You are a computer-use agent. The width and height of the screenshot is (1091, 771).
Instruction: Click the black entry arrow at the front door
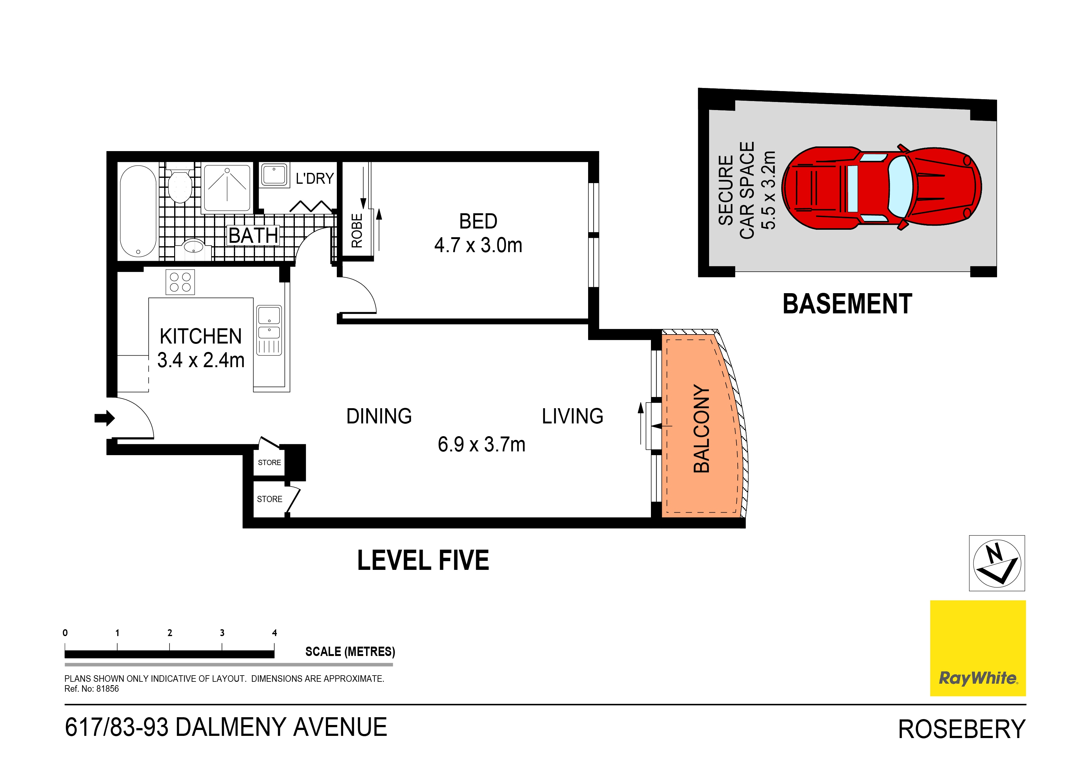point(104,418)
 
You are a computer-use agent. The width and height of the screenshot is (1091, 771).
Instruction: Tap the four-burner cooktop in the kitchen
point(180,282)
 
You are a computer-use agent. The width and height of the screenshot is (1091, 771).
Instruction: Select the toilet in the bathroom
point(180,185)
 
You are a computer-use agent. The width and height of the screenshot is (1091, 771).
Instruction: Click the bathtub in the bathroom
point(138,211)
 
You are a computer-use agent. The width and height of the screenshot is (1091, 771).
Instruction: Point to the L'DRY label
point(314,179)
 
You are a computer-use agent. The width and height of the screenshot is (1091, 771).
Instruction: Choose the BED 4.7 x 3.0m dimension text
point(478,233)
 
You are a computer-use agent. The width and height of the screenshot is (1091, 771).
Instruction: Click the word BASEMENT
point(847,304)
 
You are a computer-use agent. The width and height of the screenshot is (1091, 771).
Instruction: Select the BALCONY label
point(701,428)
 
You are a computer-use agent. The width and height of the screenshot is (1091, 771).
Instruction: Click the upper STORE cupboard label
point(269,463)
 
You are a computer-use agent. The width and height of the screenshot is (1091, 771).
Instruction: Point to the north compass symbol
point(996,563)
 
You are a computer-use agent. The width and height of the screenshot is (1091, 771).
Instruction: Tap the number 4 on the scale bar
point(274,633)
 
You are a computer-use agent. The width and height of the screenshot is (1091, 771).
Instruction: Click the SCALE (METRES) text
point(350,651)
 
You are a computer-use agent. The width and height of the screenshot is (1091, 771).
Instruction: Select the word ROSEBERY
point(961,729)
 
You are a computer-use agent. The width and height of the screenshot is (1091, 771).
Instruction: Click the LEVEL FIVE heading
point(423,560)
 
